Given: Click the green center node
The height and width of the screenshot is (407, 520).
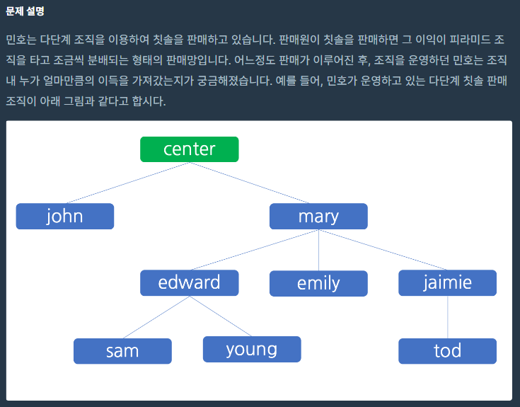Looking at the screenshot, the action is pyautogui.click(x=190, y=149).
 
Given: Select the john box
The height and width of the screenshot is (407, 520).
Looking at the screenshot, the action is pyautogui.click(x=65, y=217).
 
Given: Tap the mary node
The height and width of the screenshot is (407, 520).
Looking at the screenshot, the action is pyautogui.click(x=318, y=217).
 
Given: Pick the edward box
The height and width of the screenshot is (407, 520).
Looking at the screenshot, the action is pyautogui.click(x=190, y=283).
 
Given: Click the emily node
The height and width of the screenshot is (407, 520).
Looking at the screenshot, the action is pyautogui.click(x=318, y=284).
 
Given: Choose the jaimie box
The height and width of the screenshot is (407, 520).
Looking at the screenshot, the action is pyautogui.click(x=447, y=283).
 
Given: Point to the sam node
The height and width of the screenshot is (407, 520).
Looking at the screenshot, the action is pyautogui.click(x=122, y=351).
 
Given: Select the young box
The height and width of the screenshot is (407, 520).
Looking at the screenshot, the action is pyautogui.click(x=252, y=349).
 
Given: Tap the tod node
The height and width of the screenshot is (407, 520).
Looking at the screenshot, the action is pyautogui.click(x=447, y=351).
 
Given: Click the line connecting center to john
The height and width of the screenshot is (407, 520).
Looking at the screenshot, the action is pyautogui.click(x=127, y=183).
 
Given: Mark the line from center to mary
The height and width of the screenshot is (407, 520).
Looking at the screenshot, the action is pyautogui.click(x=249, y=183).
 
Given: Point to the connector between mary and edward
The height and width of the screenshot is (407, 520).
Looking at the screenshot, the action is pyautogui.click(x=255, y=250).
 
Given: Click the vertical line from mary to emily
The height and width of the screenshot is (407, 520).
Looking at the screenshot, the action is pyautogui.click(x=318, y=250).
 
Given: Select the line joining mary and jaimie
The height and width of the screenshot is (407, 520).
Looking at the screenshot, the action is pyautogui.click(x=383, y=250).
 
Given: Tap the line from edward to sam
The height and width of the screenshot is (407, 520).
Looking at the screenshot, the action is pyautogui.click(x=156, y=317).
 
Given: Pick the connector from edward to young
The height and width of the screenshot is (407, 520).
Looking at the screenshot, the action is pyautogui.click(x=221, y=316).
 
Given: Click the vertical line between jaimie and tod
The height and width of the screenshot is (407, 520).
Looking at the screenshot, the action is pyautogui.click(x=448, y=317).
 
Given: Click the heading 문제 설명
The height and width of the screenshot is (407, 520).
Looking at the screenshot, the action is pyautogui.click(x=25, y=11).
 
